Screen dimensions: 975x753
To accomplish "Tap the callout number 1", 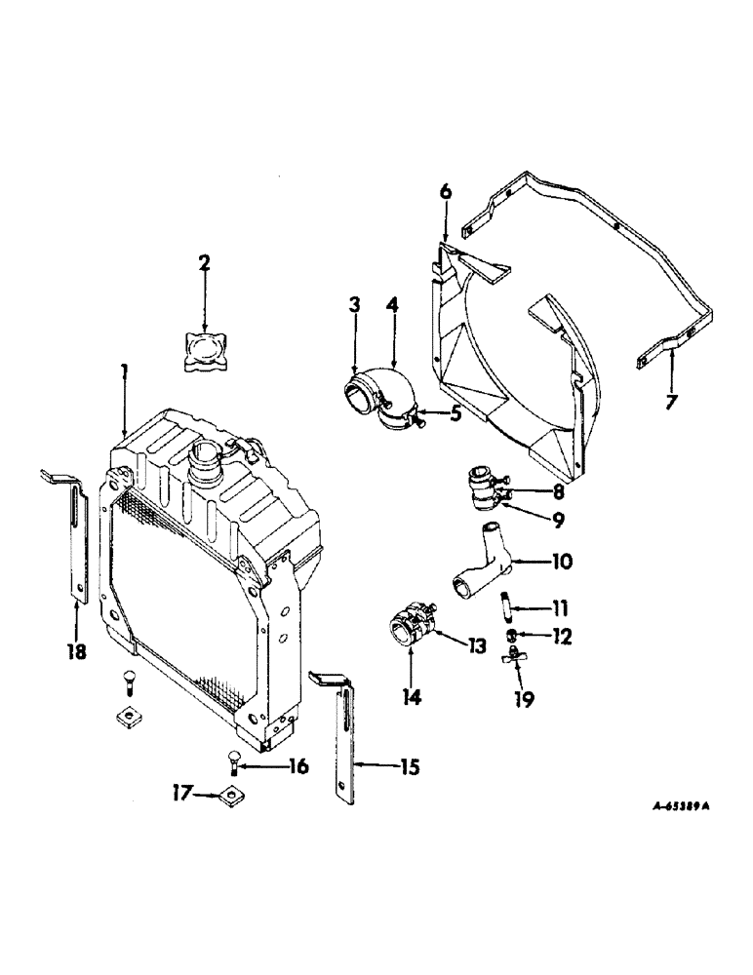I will point(125,371).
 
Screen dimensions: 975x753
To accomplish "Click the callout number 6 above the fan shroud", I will point(446,192).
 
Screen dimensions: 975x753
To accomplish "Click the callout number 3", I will point(354,305).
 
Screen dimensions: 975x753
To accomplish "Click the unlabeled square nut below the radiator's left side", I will point(128,716).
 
